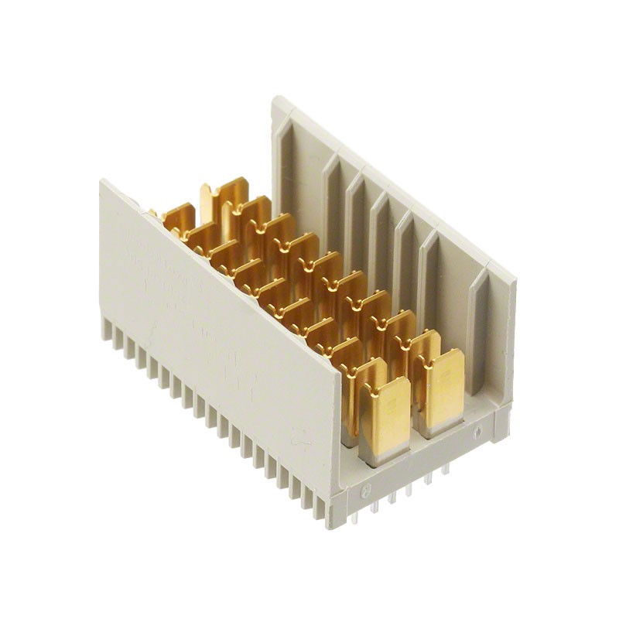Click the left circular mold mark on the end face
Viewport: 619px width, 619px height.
[x=366, y=488]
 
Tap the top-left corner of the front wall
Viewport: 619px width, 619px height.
[x=101, y=182]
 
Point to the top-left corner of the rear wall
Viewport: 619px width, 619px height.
[x=275, y=99]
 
